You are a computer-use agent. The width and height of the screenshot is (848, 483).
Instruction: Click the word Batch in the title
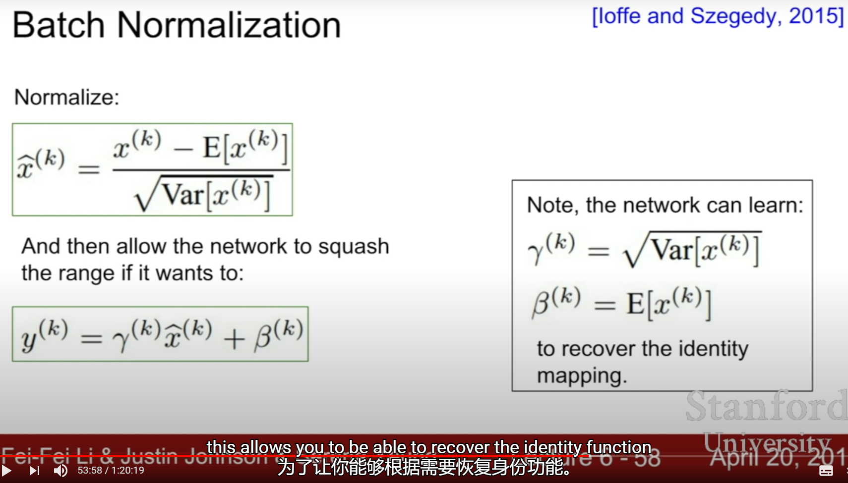[58, 25]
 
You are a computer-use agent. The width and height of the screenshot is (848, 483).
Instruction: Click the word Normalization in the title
[229, 25]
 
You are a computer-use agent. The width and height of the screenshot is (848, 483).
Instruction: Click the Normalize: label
[67, 97]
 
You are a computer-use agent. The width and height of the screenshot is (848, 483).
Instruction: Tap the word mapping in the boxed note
[581, 376]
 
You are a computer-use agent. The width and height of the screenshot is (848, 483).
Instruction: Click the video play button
[7, 470]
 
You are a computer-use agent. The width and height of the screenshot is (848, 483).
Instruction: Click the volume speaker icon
[61, 470]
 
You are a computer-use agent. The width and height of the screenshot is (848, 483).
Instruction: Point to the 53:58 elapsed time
[90, 470]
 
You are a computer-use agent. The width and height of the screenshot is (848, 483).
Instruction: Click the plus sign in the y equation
[234, 339]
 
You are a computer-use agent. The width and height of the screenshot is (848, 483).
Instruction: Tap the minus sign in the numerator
[182, 149]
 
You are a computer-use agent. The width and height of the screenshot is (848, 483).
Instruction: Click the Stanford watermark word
[766, 406]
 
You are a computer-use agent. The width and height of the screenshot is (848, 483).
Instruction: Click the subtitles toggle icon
[826, 471]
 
